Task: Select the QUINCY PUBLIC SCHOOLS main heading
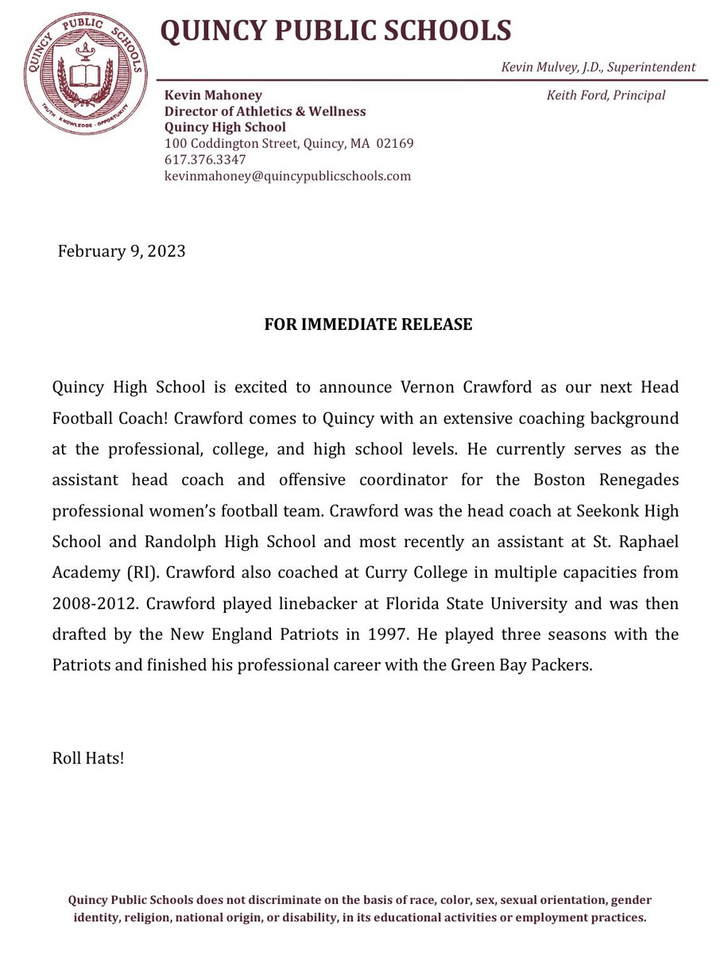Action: pos(336,30)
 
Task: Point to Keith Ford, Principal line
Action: pos(606,95)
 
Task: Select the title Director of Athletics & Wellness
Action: pos(265,111)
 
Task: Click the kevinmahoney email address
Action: pos(287,176)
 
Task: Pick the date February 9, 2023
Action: pos(122,252)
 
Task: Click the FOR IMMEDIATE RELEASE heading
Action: pos(369,325)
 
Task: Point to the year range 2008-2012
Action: pos(93,603)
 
